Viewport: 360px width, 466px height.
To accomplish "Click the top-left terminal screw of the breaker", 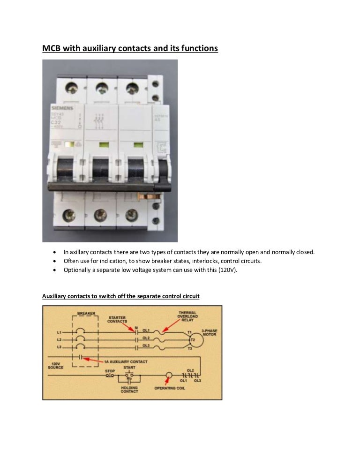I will pos(70,87).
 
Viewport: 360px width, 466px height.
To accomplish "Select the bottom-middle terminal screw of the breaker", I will pos(99,215).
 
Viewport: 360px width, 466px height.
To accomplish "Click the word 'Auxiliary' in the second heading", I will pos(55,296).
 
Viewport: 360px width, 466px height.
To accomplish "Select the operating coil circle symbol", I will pos(169,376).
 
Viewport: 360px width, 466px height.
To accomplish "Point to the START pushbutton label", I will pos(129,368).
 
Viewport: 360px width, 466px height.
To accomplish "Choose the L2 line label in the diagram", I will pos(59,339).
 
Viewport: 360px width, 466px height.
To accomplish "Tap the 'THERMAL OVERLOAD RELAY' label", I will pos(187,316).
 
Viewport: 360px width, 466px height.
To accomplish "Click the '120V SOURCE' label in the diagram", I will pos(56,366).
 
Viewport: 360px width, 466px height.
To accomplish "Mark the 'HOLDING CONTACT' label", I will pos(129,390).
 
